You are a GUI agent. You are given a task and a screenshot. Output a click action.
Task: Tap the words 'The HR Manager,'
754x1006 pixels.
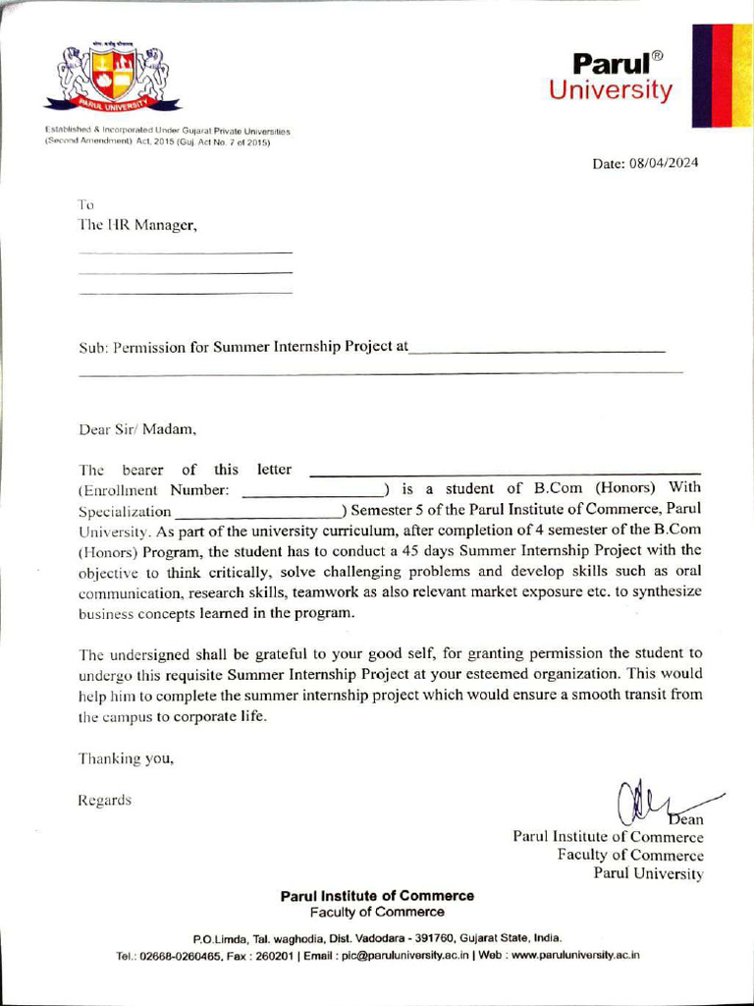coord(137,225)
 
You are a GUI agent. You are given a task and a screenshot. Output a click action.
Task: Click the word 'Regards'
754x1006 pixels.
coord(105,800)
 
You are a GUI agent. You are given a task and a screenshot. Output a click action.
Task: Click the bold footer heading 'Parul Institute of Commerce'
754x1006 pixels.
coord(377,896)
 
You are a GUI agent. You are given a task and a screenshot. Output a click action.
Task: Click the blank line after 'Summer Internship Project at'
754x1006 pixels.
coord(537,349)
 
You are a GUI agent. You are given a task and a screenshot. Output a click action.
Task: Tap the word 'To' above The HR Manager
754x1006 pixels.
coord(85,204)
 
